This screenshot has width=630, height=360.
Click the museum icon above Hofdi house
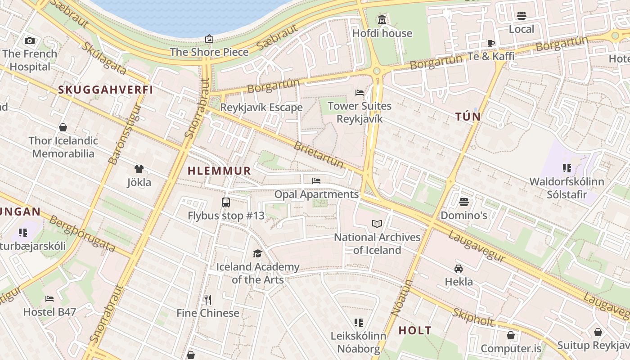[382, 19]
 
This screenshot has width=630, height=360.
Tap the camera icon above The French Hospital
[30, 40]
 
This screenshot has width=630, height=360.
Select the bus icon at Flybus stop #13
[226, 202]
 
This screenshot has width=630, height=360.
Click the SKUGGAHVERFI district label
[106, 90]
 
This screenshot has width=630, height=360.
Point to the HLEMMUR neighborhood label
[219, 171]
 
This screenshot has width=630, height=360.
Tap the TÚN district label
[468, 117]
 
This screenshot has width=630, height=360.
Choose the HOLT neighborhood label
[415, 330]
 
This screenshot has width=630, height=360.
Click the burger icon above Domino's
[464, 202]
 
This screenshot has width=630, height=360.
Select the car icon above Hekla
[459, 268]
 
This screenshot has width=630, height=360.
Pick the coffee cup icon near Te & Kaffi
[490, 43]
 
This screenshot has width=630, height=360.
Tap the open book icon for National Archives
[377, 224]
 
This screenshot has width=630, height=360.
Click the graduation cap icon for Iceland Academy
[257, 253]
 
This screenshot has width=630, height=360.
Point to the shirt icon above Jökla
[139, 169]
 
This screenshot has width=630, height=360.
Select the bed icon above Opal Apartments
[316, 181]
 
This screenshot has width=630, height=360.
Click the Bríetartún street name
[319, 154]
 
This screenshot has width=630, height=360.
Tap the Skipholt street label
[473, 317]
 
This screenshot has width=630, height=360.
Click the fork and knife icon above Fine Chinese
[207, 299]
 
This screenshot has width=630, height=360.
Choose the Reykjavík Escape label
[261, 108]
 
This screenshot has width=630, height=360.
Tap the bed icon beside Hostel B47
[49, 298]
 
